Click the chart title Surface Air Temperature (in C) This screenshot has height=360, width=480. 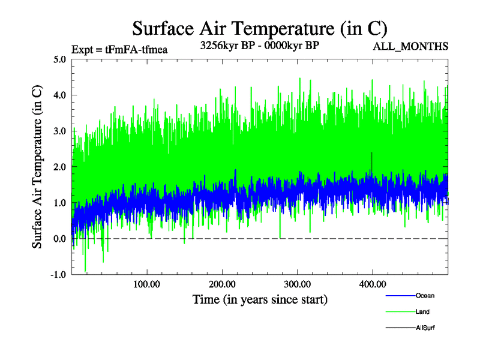pos(259,28)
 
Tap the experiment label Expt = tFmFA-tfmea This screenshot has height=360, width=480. pos(119,49)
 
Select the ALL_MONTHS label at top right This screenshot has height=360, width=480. pos(410,46)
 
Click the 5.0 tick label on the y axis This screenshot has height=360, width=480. pos(59,59)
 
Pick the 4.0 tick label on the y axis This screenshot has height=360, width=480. pos(59,95)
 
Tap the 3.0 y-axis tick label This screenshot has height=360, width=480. pos(59,131)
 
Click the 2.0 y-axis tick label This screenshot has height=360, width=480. pos(59,167)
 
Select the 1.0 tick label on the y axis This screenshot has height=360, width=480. pos(59,203)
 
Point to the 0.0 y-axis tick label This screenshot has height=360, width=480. pos(59,239)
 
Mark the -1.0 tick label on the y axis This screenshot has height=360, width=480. pos(58,274)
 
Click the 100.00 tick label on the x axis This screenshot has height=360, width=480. pos(146,284)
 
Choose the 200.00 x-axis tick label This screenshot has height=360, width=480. pos(222,284)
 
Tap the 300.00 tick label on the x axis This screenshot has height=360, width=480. pos(297,284)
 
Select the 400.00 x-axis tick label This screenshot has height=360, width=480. pos(373,284)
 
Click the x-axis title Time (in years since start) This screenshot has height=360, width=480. pos(260,299)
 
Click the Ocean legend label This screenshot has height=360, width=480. pos(425,296)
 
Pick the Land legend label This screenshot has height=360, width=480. pos(422,312)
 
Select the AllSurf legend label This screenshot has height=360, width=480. pos(425,328)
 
